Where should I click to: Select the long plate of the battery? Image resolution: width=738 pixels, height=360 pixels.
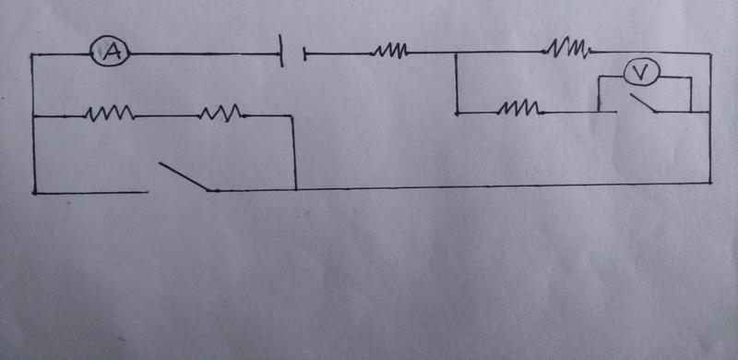pyautogui.click(x=281, y=50)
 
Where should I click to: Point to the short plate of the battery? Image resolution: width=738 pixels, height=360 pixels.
pyautogui.click(x=304, y=54)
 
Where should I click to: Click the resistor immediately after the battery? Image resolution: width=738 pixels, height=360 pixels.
pyautogui.click(x=389, y=52)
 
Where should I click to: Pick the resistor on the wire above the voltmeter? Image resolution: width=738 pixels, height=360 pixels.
pyautogui.click(x=568, y=49)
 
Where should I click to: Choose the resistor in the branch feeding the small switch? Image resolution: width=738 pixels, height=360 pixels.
pyautogui.click(x=520, y=109)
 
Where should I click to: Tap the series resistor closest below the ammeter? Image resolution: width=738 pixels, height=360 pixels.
pyautogui.click(x=109, y=114)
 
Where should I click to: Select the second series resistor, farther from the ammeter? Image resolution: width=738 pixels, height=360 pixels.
pyautogui.click(x=220, y=114)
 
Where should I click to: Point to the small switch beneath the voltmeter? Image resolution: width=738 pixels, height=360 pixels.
pyautogui.click(x=643, y=103)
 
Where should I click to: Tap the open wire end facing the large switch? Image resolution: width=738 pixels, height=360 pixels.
pyautogui.click(x=147, y=192)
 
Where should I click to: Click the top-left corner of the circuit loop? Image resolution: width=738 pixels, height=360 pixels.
pyautogui.click(x=32, y=55)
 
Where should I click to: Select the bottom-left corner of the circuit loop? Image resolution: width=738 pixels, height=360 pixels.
pyautogui.click(x=35, y=192)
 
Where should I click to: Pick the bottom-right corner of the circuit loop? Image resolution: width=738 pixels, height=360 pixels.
pyautogui.click(x=709, y=183)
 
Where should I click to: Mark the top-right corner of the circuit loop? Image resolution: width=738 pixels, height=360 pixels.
pyautogui.click(x=709, y=54)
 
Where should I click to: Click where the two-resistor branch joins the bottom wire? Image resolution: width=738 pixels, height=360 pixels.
pyautogui.click(x=295, y=189)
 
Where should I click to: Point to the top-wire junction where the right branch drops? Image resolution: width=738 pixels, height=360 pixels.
pyautogui.click(x=456, y=53)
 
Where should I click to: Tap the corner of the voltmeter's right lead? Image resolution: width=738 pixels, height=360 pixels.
pyautogui.click(x=690, y=78)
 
